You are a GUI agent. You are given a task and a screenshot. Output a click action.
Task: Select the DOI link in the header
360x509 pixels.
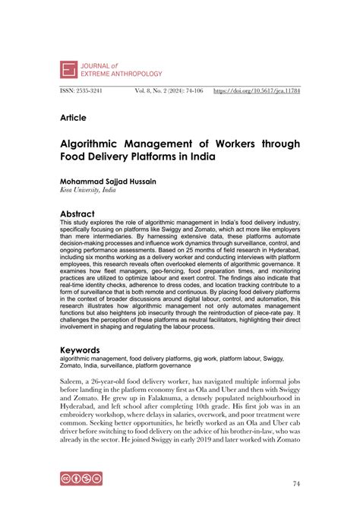click(257, 90)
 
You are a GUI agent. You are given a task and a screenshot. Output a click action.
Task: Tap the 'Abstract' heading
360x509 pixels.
click(81, 214)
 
